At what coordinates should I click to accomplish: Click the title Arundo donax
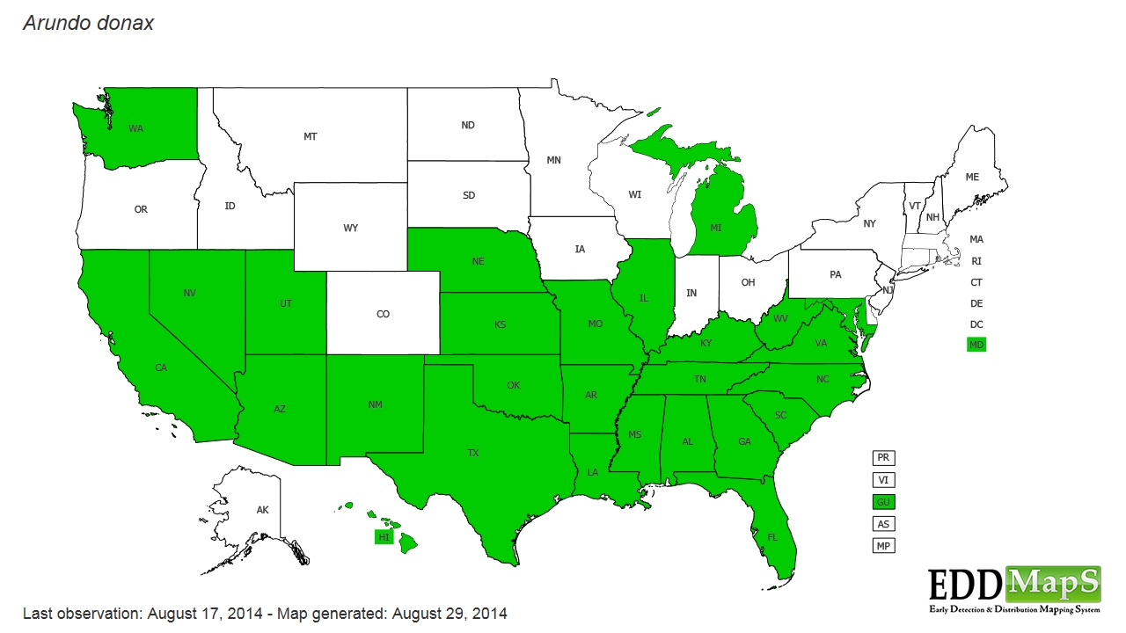coord(88,24)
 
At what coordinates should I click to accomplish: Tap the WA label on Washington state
coord(135,128)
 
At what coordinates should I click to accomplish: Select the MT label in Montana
coord(311,136)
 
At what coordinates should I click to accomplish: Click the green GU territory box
coord(882,502)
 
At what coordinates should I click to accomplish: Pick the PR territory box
coord(882,458)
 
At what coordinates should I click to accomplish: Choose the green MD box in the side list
coord(976,345)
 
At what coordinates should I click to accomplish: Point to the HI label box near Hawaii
coord(384,537)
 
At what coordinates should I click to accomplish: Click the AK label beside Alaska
coord(262,510)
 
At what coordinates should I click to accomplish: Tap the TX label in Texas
coord(473,453)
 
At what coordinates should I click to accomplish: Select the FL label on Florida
coord(772,536)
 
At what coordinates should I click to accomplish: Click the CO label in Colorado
coord(383,314)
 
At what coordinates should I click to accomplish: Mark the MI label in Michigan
coord(716,228)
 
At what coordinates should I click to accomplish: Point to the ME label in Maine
coord(972,177)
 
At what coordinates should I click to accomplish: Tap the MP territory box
coord(882,546)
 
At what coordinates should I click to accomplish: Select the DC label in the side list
coord(976,324)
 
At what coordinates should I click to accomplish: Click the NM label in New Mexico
coord(375,404)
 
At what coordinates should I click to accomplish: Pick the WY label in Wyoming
coord(350,228)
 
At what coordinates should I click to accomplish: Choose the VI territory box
coord(882,480)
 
